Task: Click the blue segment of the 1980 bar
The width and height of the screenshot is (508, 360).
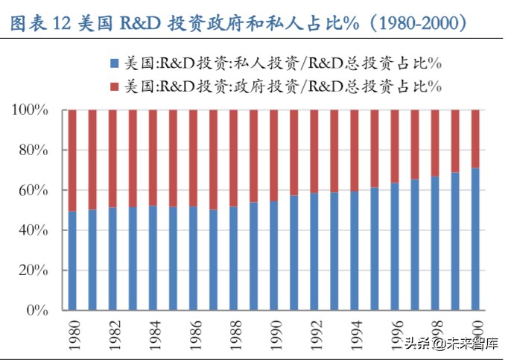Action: pyautogui.click(x=72, y=260)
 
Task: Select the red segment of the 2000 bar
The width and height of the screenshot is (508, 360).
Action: pyautogui.click(x=475, y=139)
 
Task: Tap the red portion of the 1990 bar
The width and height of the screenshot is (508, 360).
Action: pyautogui.click(x=274, y=156)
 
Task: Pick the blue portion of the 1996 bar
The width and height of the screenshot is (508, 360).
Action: pyautogui.click(x=395, y=246)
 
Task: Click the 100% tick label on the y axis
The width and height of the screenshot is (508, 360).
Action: pyautogui.click(x=31, y=110)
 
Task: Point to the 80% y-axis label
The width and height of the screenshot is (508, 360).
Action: pyautogui.click(x=34, y=151)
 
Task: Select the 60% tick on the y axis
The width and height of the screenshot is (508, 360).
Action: pyautogui.click(x=34, y=191)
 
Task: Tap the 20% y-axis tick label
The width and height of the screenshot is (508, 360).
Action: pyautogui.click(x=34, y=271)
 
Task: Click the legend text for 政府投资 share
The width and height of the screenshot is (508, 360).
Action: pyautogui.click(x=283, y=86)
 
